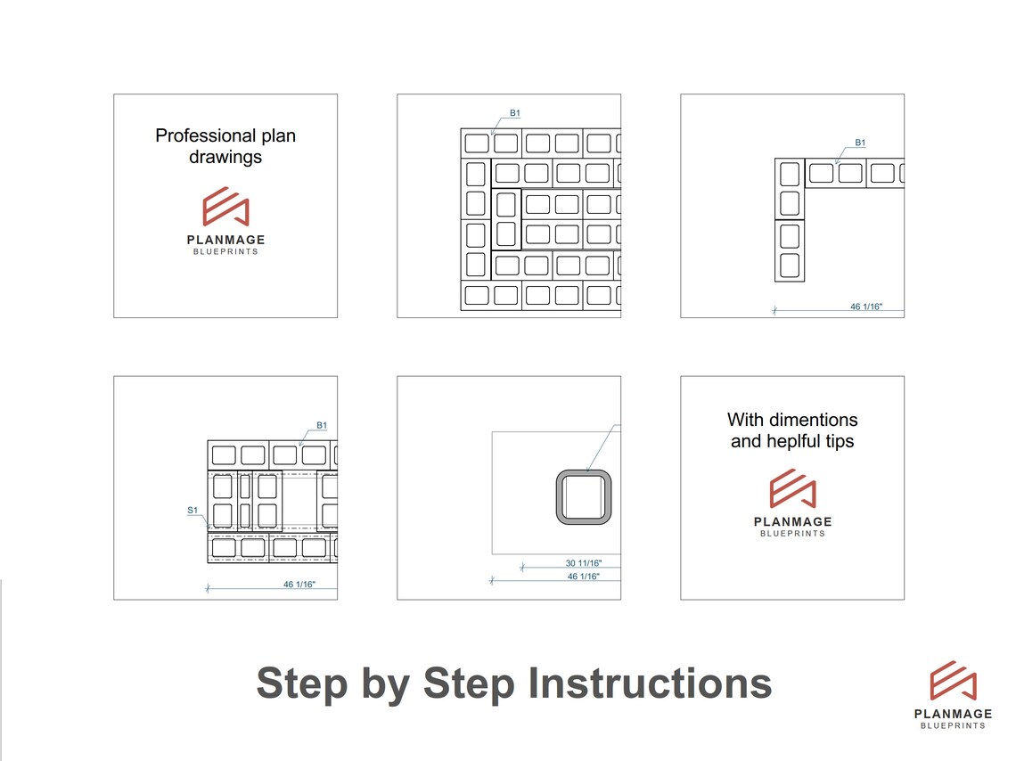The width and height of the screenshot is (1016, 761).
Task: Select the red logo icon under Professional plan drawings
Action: coord(225,207)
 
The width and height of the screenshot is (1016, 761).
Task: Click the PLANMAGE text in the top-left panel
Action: coord(225,240)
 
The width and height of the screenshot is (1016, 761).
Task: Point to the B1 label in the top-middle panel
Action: coord(514,113)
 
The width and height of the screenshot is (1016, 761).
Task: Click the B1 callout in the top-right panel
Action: coord(860,143)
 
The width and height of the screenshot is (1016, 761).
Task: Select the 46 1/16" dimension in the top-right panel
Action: coord(865,307)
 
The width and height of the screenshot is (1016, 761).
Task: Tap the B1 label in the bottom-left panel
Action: coord(322,426)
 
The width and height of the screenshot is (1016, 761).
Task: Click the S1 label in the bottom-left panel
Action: coord(192,511)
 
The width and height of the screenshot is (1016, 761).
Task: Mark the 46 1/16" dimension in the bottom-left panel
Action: coord(299,585)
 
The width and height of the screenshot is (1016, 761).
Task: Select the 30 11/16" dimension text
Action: coord(584,563)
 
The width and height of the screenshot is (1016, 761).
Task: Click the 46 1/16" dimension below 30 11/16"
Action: coord(584,577)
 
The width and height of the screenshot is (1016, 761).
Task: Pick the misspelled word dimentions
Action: coord(814,420)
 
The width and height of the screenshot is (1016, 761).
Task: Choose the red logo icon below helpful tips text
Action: coord(792,489)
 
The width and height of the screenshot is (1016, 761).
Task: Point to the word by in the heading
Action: coord(385,683)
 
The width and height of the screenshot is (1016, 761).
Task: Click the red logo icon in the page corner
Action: coord(953,681)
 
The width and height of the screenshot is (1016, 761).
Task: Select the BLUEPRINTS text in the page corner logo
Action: coord(953,726)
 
